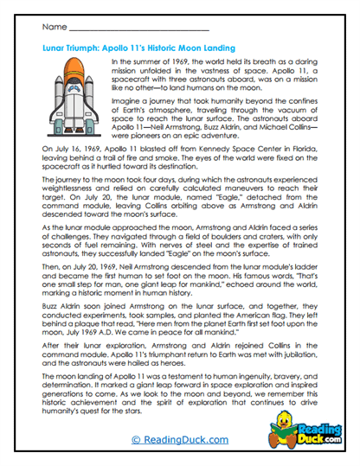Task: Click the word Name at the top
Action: click(x=54, y=29)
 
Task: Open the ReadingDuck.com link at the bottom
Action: click(x=179, y=439)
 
